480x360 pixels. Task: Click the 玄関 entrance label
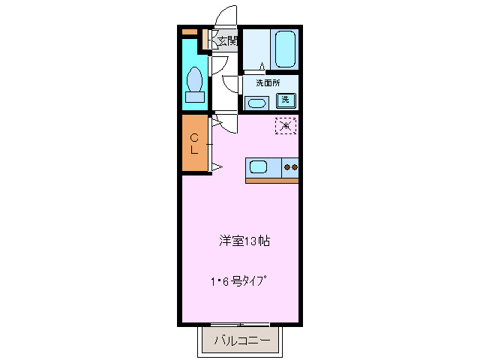pyautogui.click(x=228, y=41)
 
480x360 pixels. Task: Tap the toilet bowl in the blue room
pyautogui.click(x=195, y=78)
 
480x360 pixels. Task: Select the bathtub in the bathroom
pyautogui.click(x=285, y=49)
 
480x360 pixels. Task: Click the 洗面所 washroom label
pyautogui.click(x=268, y=83)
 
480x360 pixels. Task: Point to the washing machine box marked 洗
pyautogui.click(x=286, y=100)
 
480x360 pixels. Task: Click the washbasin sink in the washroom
pyautogui.click(x=256, y=103)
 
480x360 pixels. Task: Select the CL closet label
pyautogui.click(x=194, y=143)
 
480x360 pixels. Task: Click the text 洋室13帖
pyautogui.click(x=244, y=241)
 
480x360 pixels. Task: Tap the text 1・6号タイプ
pyautogui.click(x=238, y=282)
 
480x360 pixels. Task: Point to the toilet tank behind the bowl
pyautogui.click(x=195, y=96)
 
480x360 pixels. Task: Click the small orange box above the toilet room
pyautogui.click(x=189, y=31)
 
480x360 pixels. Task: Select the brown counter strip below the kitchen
pyautogui.click(x=271, y=180)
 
